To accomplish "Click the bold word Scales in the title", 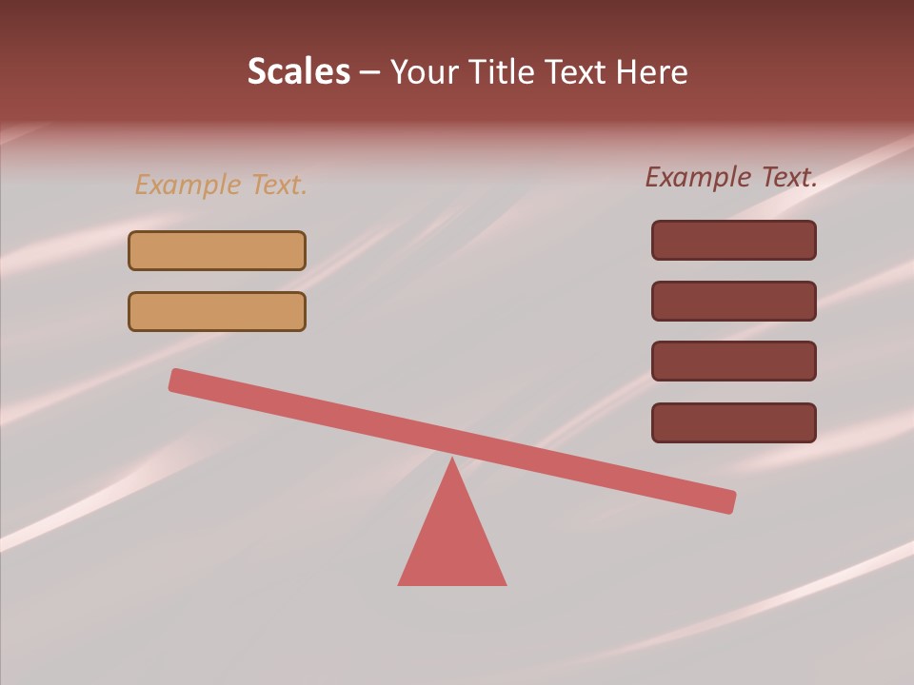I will pyautogui.click(x=298, y=72).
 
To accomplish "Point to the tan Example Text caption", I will pyautogui.click(x=221, y=185).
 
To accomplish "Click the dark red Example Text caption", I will pyautogui.click(x=731, y=177).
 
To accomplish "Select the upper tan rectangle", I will pyautogui.click(x=217, y=250).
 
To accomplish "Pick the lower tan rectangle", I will pyautogui.click(x=217, y=311).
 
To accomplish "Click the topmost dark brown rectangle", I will pyautogui.click(x=734, y=240).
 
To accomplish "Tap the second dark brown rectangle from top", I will pyautogui.click(x=734, y=301).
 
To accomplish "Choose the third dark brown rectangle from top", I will pyautogui.click(x=734, y=361).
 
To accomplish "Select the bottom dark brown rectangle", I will pyautogui.click(x=734, y=422).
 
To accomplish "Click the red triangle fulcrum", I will pyautogui.click(x=452, y=542).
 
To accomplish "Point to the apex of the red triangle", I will pyautogui.click(x=452, y=461).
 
